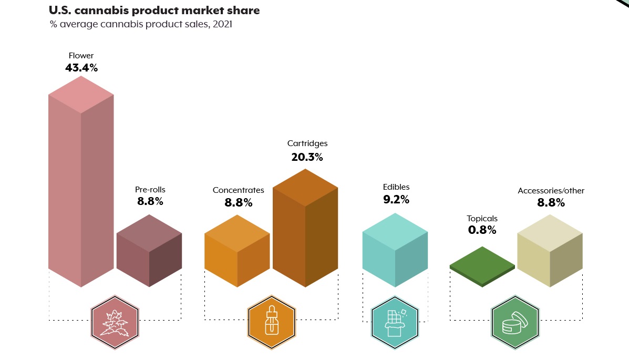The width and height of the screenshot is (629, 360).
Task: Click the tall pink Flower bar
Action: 81,184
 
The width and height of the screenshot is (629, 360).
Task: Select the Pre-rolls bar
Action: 149,252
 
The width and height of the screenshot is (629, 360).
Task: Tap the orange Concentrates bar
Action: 237,252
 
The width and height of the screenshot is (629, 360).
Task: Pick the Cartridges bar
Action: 305,231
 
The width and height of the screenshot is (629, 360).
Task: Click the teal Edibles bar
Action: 395,252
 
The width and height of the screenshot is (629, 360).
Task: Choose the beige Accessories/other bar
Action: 550,252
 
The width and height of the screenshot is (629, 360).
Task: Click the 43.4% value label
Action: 81,68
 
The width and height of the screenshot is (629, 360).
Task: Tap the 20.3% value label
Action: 307,157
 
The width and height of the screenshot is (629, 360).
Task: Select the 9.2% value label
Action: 396,200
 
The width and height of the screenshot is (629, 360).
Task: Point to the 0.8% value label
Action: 482,230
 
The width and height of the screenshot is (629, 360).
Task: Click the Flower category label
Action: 81,55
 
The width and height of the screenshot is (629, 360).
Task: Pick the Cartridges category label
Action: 307,143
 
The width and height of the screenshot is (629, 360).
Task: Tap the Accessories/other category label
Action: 551,191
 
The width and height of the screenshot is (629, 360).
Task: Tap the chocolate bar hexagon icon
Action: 394,322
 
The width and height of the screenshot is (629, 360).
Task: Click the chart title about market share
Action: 154,11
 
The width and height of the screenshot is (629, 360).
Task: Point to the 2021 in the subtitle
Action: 222,24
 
